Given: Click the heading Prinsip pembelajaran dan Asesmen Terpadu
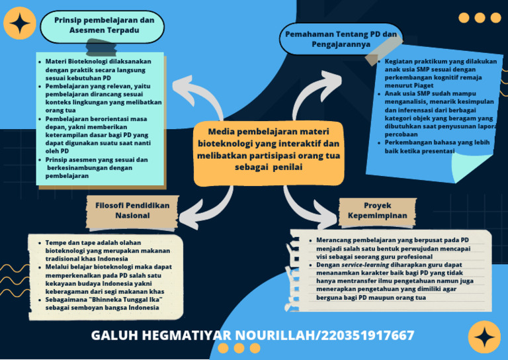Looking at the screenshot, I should (104, 25).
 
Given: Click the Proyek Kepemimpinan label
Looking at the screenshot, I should (377, 210).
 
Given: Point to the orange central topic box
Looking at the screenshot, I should (269, 150).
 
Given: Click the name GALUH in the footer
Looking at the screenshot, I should (118, 336).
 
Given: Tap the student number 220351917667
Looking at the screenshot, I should (367, 336).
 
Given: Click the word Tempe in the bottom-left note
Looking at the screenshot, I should (57, 243).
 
